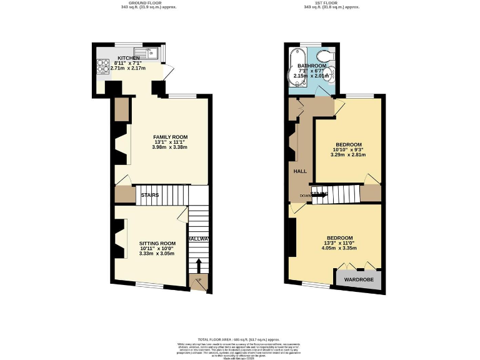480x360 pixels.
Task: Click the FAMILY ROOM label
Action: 171,137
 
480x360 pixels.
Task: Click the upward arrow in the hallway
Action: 198,265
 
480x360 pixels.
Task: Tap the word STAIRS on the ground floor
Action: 149,195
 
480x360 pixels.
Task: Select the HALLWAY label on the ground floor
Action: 198,239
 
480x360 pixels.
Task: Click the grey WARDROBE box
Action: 359,279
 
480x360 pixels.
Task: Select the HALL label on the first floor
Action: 299,170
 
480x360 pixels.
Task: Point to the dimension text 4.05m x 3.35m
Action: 339,248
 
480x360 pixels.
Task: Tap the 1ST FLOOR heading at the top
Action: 323,2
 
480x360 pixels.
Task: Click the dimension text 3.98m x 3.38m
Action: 171,147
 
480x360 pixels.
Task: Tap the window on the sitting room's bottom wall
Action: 150,286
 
